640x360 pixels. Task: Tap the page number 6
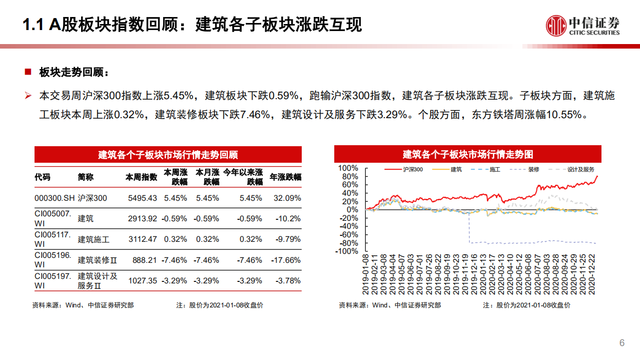click(x=622, y=343)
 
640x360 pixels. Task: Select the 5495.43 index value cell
click(x=143, y=198)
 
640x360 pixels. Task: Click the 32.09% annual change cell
click(x=287, y=198)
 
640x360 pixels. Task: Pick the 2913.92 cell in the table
click(x=143, y=218)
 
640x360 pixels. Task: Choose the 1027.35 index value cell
click(x=143, y=281)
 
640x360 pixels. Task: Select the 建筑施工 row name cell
click(x=94, y=239)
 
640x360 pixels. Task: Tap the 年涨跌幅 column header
click(x=286, y=177)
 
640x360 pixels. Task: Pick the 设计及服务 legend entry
click(x=581, y=169)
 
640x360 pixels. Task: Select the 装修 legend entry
click(x=533, y=169)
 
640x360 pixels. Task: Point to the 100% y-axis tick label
click(x=348, y=168)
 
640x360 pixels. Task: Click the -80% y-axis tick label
click(x=348, y=243)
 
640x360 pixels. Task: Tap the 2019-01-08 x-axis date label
click(x=366, y=275)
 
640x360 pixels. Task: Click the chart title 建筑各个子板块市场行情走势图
click(x=468, y=154)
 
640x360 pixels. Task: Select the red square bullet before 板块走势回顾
click(x=28, y=72)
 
